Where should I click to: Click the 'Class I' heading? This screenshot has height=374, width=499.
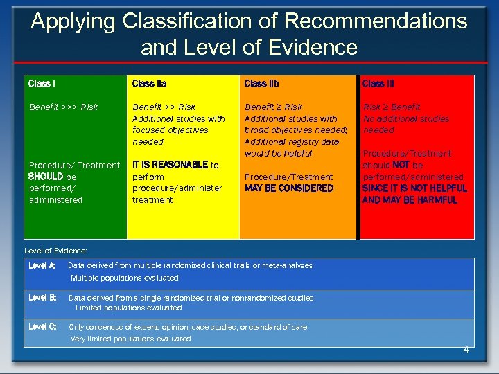point(42,84)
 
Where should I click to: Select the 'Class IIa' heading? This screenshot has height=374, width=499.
point(149,84)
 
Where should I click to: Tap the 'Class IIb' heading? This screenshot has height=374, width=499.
point(262,84)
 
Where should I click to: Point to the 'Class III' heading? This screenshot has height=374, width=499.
point(378,84)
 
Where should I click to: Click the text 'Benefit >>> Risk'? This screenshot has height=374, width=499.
point(63,107)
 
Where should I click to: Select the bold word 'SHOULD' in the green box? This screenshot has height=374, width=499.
point(46,177)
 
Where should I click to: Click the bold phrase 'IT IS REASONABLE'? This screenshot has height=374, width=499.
point(170,165)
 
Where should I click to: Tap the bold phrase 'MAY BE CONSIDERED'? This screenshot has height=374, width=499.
point(289,188)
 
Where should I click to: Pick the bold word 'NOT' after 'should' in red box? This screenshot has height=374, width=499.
point(401,166)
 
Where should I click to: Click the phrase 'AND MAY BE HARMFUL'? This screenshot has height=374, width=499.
point(410,200)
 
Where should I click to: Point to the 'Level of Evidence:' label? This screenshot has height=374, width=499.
point(55,251)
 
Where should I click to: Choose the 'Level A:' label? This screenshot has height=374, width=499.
point(42,265)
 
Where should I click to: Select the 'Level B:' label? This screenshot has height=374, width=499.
point(42,298)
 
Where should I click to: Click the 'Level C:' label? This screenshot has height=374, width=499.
point(42,327)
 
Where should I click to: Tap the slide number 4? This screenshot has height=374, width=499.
point(466,349)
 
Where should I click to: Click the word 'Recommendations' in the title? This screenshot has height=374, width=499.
point(376,21)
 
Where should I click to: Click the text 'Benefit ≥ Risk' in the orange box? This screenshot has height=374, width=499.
point(273,107)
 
